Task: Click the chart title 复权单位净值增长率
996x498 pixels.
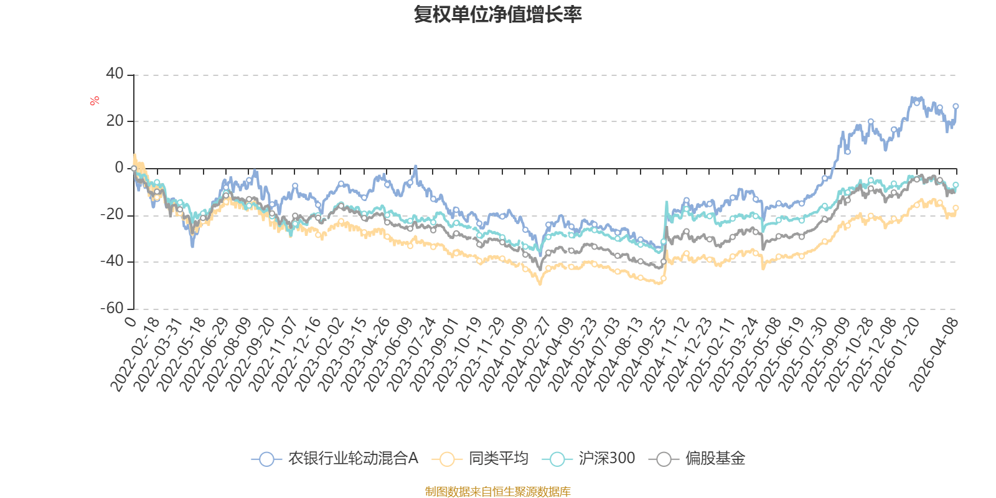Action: tap(498, 14)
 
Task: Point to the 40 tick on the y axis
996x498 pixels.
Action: tap(115, 74)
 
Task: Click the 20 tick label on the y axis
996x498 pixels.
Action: tap(115, 121)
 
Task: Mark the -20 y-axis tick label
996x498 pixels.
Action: tap(112, 215)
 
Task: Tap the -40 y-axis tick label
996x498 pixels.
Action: tap(112, 261)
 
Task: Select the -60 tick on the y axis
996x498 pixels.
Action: tap(112, 308)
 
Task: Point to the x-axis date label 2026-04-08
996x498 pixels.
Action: tap(934, 354)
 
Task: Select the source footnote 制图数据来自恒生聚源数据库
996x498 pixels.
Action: tap(498, 492)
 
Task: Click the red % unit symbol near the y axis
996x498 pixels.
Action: tap(95, 101)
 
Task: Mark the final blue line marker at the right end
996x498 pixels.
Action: tap(956, 106)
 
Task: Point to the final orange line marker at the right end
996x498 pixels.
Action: tap(956, 208)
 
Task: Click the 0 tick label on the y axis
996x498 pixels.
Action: tap(119, 168)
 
